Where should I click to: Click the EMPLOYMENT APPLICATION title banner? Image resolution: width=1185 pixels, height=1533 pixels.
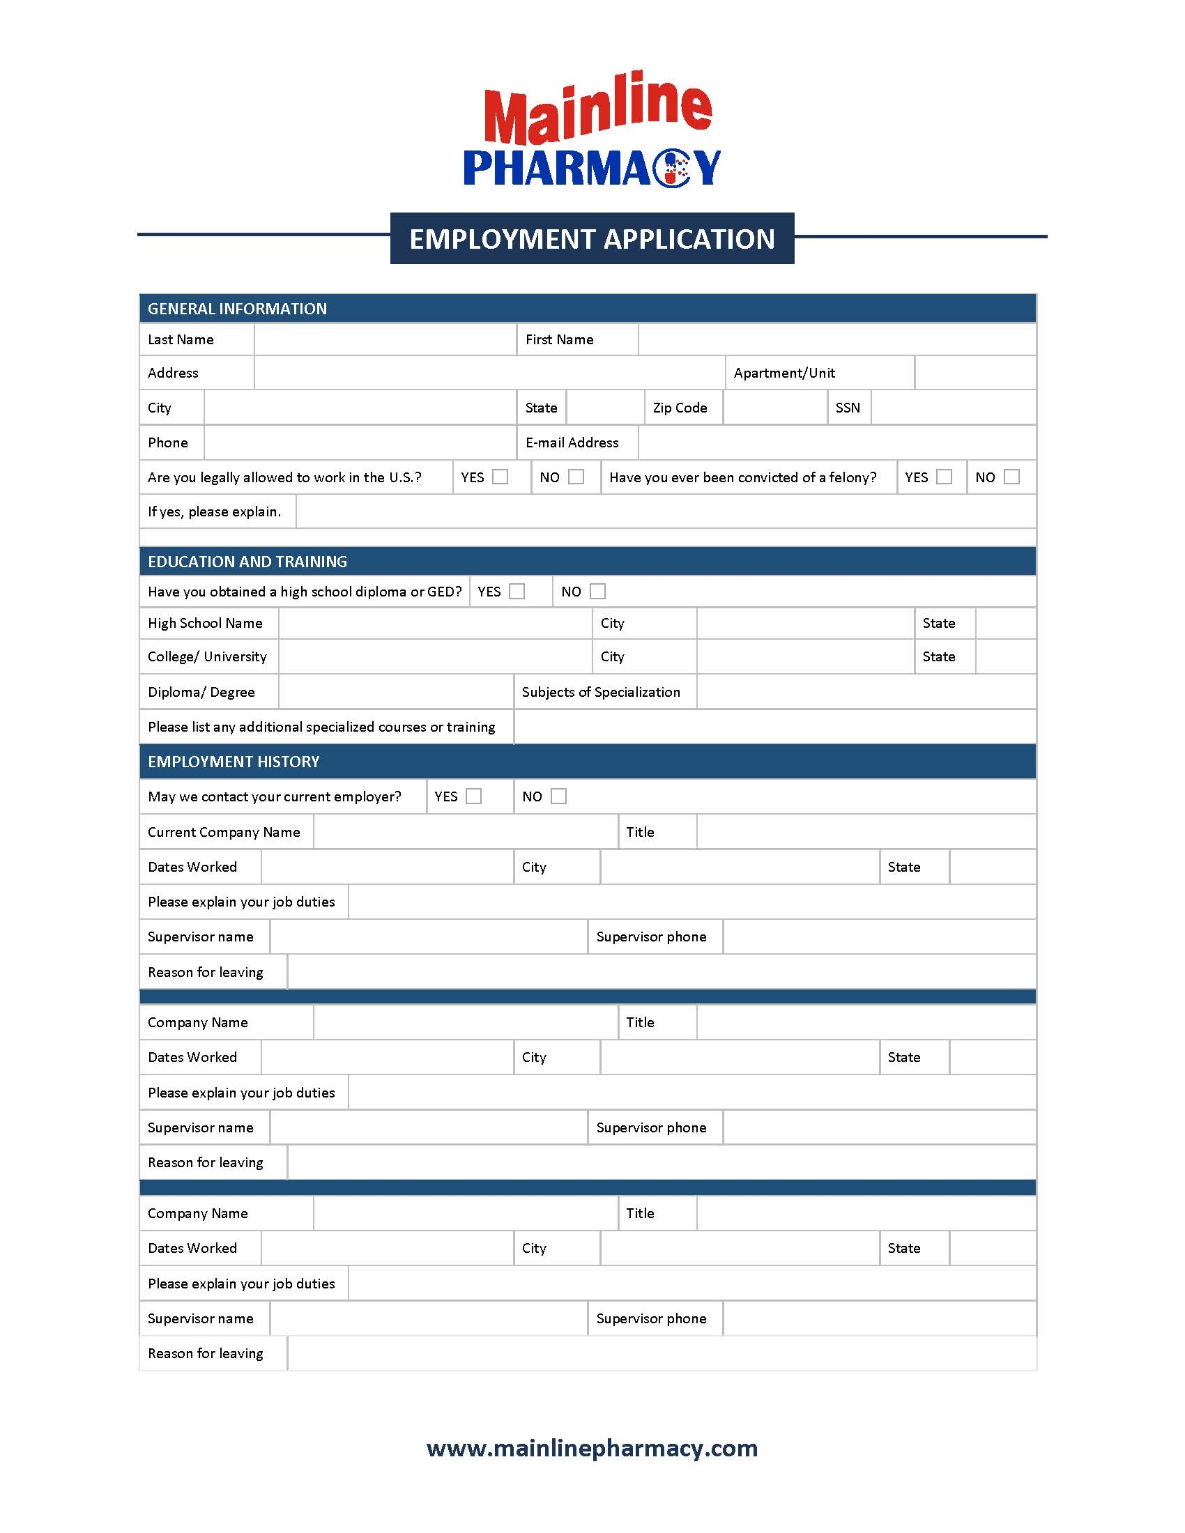pos(592,238)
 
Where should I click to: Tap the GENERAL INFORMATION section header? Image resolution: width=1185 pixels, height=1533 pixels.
pos(237,309)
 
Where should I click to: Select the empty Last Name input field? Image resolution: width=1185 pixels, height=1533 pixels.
pos(385,340)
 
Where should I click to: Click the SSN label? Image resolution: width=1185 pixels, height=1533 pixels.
pos(848,408)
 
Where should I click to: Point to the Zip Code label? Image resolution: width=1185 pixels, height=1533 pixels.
pos(680,408)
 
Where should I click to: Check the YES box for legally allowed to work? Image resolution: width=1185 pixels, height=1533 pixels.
pos(500,477)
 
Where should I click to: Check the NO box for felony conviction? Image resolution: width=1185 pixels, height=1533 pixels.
pos(1011,477)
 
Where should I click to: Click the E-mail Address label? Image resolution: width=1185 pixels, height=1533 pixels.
pos(572,443)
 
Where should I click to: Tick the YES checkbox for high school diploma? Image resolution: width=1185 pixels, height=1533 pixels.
pos(517,591)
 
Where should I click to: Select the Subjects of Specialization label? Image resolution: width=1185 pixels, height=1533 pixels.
pos(601,692)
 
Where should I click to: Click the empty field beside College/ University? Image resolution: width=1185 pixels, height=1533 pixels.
pos(435,657)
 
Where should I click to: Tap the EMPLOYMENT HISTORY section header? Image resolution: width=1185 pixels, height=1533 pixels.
pos(234,762)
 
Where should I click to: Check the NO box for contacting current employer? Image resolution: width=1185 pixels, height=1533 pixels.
pos(559,796)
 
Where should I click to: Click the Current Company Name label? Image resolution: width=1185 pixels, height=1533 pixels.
pos(224,832)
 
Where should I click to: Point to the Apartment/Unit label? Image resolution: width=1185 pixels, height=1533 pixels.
pos(784,373)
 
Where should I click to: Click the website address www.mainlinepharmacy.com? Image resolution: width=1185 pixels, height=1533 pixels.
pos(592,1448)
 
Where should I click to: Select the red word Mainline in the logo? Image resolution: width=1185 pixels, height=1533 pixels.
pos(597,112)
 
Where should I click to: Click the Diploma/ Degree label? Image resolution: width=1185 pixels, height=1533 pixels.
pos(201,692)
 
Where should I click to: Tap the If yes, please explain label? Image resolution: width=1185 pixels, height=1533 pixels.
pos(214,511)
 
